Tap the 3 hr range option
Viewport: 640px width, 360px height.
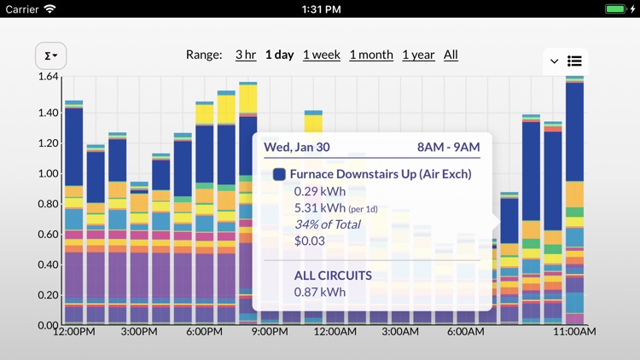click(246, 55)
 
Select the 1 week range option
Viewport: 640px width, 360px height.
click(321, 55)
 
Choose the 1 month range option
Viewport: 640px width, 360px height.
click(371, 55)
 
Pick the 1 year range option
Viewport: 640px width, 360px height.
click(418, 55)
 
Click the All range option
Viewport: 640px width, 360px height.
click(451, 55)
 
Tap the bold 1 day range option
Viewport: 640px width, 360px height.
click(279, 55)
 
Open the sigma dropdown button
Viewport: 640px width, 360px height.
click(50, 56)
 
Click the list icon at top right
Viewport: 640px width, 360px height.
click(575, 61)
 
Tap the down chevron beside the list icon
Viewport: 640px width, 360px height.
click(555, 61)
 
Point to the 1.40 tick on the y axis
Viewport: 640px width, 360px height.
click(48, 113)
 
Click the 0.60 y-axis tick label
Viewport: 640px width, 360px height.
click(48, 235)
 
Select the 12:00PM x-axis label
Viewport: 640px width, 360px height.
click(73, 331)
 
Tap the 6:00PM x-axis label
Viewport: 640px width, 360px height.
click(205, 331)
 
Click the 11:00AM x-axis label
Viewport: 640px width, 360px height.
click(574, 331)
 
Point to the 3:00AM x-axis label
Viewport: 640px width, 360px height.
click(399, 331)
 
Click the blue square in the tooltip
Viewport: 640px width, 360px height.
click(279, 174)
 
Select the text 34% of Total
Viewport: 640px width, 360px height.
click(327, 224)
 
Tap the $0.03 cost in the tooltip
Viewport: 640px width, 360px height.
click(309, 241)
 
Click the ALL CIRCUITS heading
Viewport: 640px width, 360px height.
click(333, 276)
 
